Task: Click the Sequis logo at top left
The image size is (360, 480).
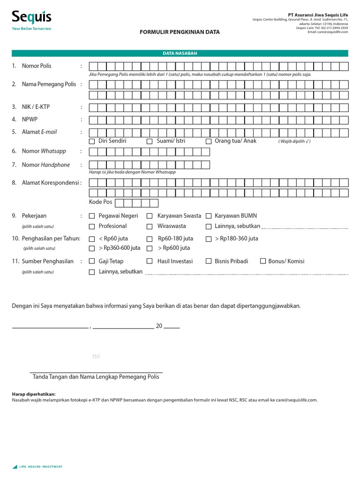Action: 31,19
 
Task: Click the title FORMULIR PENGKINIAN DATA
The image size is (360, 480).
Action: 180,32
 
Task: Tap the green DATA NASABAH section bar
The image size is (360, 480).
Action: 180,53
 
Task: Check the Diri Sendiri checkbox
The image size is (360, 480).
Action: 92,141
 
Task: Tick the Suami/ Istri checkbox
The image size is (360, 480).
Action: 150,141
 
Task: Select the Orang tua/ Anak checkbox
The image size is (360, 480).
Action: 208,141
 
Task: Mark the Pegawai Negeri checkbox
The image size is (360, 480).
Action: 92,216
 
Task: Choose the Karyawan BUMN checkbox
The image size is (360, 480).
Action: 208,216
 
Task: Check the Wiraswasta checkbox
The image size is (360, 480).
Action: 150,226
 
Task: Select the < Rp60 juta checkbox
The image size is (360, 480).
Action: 92,239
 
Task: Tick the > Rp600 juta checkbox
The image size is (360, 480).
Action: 150,248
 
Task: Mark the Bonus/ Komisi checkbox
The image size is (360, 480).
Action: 263,262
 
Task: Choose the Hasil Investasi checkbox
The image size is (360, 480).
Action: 150,262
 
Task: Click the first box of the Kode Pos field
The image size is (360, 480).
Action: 120,203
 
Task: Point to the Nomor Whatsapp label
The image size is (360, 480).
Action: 44,151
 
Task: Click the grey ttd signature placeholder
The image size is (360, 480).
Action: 96,356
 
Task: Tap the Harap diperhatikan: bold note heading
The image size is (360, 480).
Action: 33,394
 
